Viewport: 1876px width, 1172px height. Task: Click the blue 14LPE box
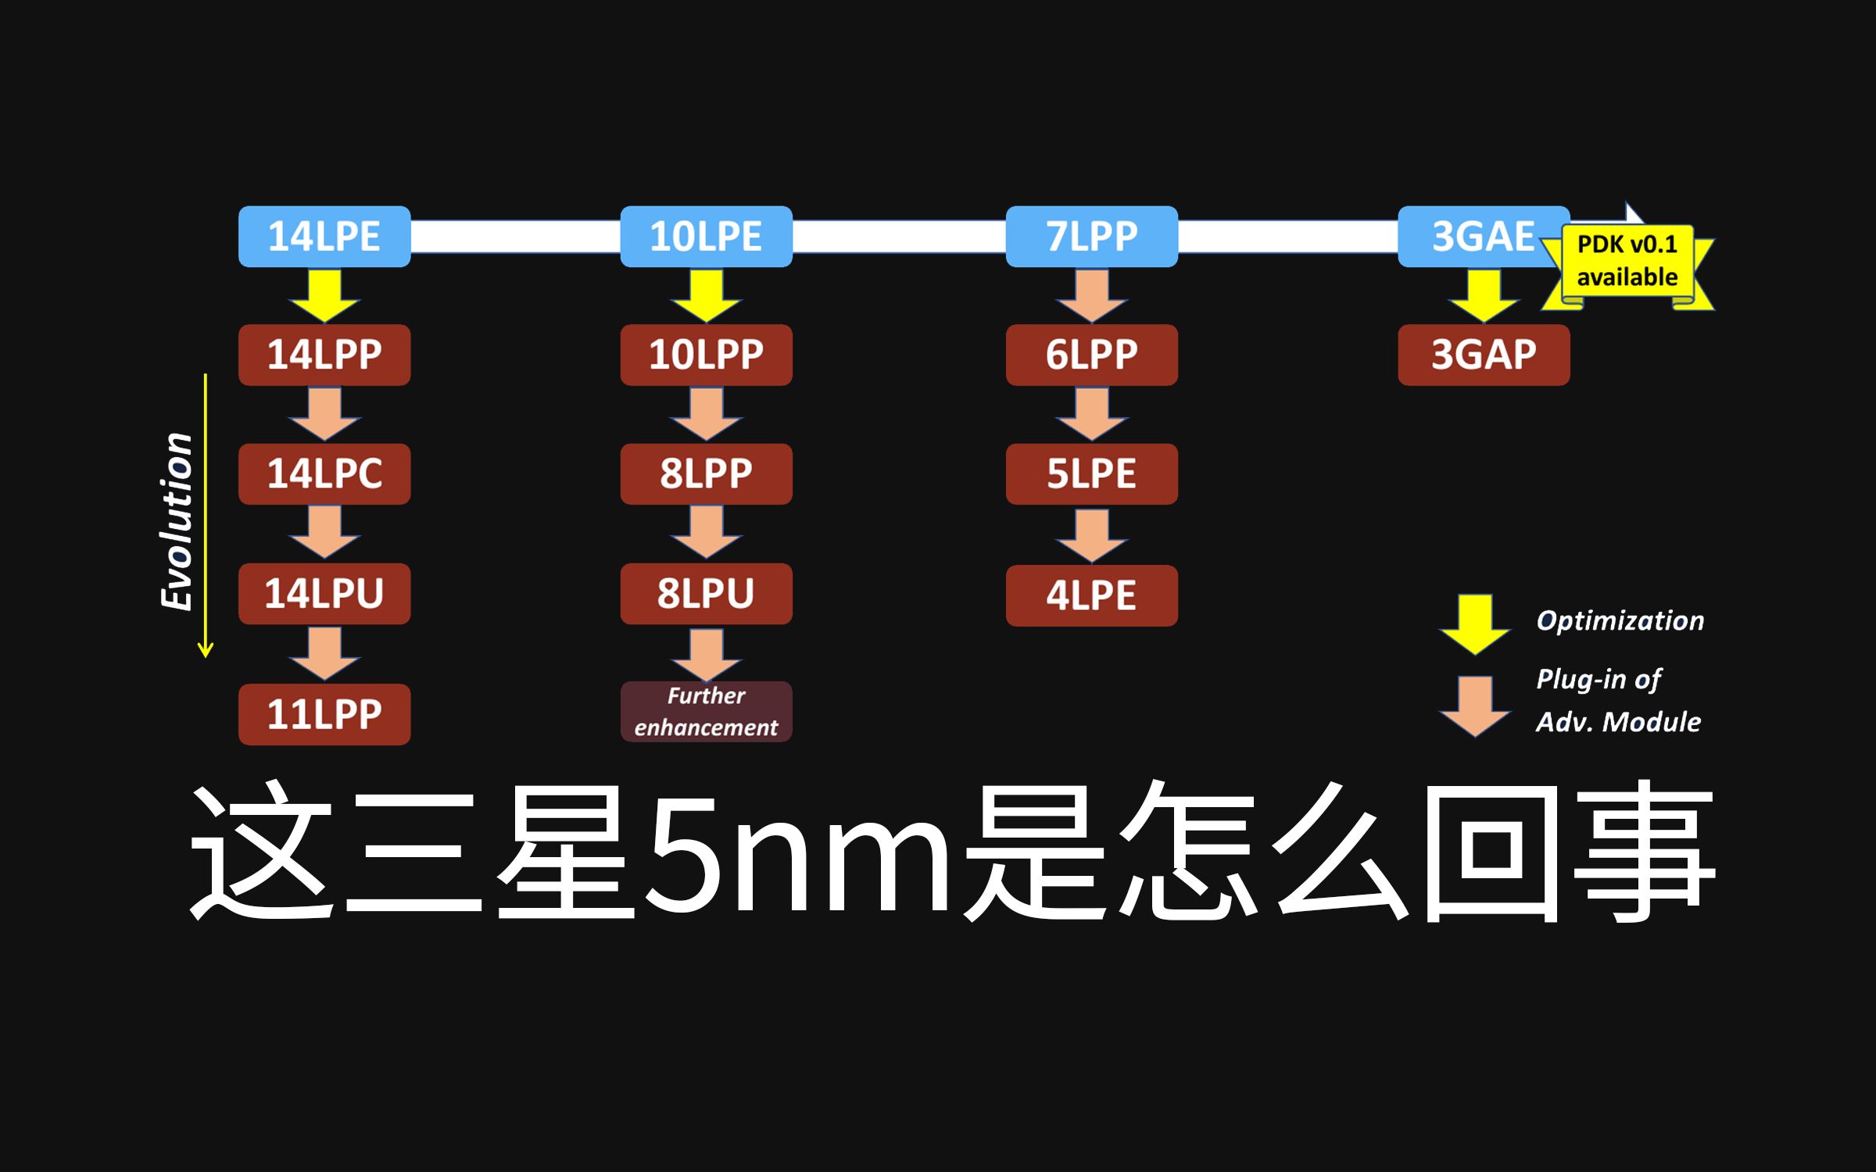point(324,237)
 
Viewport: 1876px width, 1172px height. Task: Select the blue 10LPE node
point(706,237)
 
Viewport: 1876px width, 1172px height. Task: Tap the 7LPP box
point(1091,237)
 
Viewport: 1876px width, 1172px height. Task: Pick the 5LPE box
point(1091,474)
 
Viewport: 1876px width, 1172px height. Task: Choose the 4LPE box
point(1091,595)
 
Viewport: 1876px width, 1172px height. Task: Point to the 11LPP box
point(324,714)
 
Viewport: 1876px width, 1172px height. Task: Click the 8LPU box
point(706,594)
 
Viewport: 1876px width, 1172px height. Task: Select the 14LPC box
point(324,474)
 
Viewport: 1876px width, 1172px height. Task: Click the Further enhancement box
point(706,712)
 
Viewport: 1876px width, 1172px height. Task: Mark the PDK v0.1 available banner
point(1627,262)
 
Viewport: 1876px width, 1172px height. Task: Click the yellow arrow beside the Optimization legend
point(1474,624)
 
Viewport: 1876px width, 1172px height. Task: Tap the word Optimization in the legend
point(1620,621)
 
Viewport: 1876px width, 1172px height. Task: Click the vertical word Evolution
point(177,521)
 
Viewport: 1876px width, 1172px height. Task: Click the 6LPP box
point(1091,355)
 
